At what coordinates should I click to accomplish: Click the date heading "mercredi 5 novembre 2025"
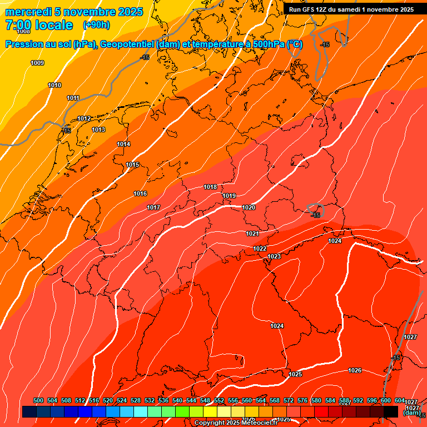[74, 12]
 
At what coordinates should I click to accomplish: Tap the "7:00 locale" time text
[39, 25]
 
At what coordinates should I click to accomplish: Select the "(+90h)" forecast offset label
[96, 25]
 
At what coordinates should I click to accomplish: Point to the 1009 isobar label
[37, 63]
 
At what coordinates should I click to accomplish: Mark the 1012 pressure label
[84, 119]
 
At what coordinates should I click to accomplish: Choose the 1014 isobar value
[123, 145]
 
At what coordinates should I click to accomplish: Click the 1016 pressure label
[140, 194]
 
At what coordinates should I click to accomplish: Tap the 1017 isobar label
[153, 208]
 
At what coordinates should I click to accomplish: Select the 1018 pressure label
[210, 187]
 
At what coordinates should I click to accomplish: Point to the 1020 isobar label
[249, 208]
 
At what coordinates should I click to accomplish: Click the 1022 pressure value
[260, 249]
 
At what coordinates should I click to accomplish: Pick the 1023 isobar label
[274, 256]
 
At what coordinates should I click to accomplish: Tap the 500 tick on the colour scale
[38, 401]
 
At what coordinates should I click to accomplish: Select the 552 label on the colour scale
[219, 401]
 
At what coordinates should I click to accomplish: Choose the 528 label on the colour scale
[136, 401]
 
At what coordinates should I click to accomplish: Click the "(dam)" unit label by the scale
[411, 413]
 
